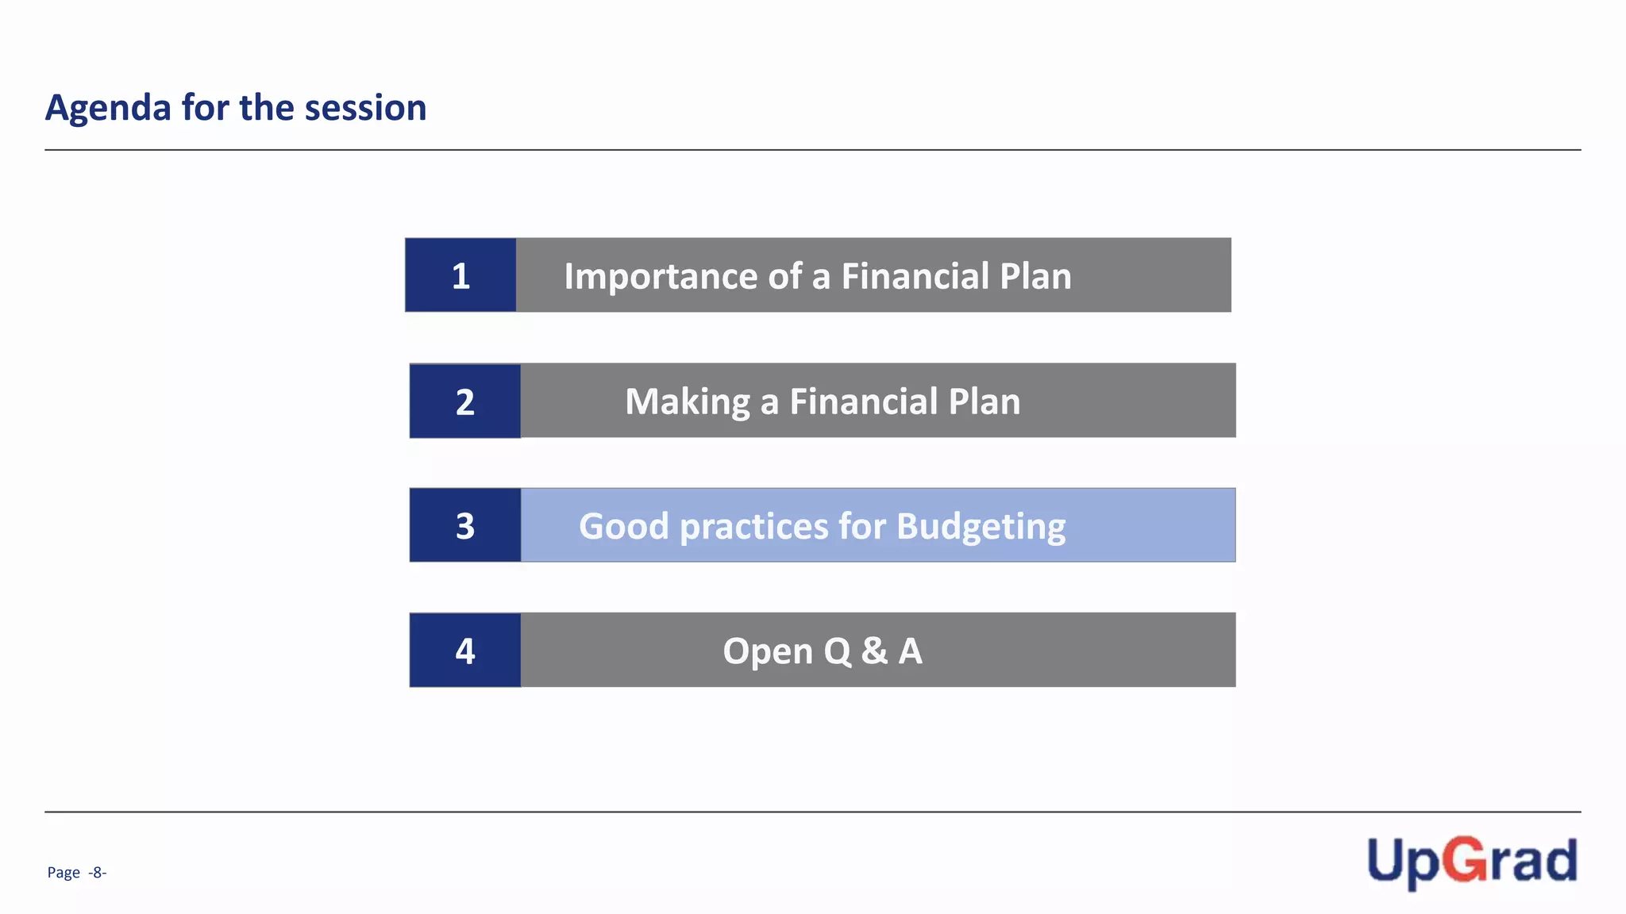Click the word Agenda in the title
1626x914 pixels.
point(108,108)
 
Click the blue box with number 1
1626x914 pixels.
point(460,275)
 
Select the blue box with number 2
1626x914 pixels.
point(465,401)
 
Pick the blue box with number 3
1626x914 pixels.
point(465,525)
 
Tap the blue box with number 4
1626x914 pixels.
point(465,651)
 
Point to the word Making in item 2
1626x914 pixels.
point(687,401)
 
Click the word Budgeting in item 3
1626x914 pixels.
point(981,527)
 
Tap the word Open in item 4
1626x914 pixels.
point(768,651)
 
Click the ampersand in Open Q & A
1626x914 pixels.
point(874,651)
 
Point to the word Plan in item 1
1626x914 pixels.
point(1035,276)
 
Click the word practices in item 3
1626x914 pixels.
point(754,527)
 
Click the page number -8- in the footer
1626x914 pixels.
point(97,873)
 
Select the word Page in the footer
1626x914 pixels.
point(64,873)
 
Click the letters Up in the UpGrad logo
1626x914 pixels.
point(1402,862)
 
